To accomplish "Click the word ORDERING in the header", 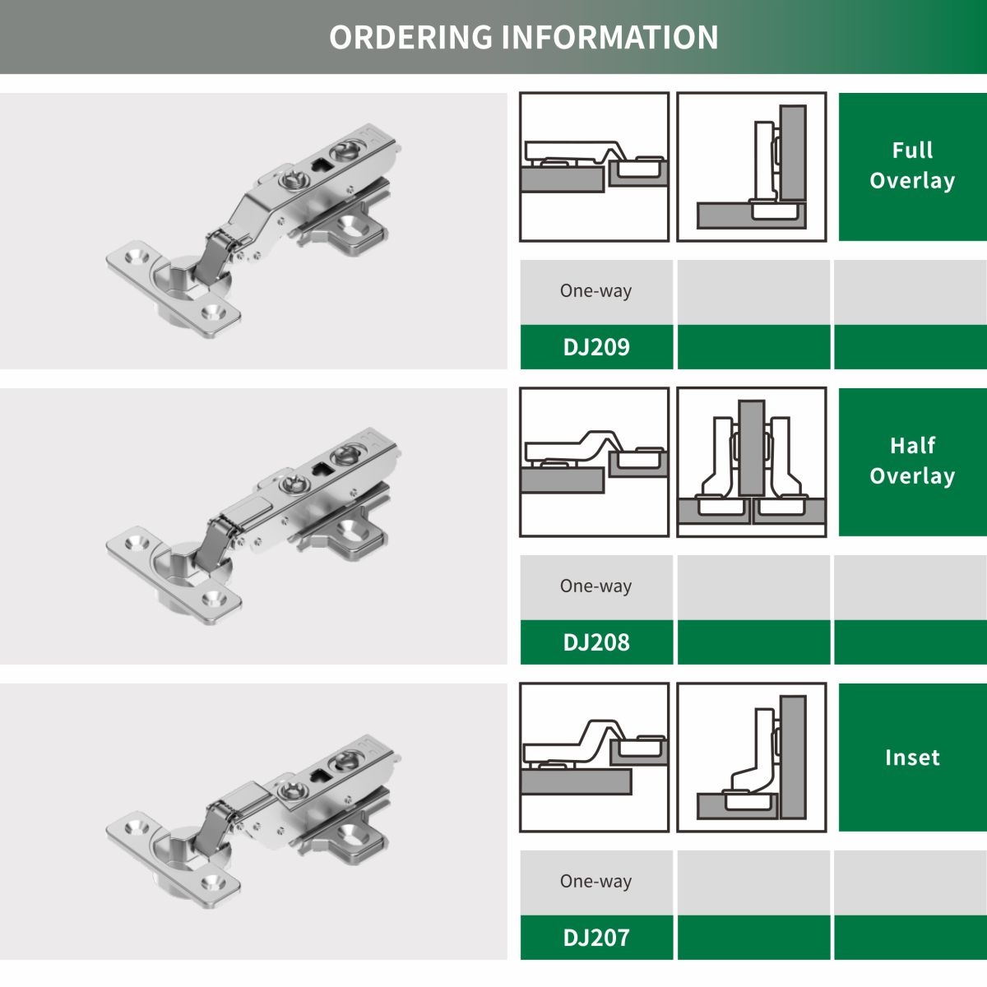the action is pyautogui.click(x=410, y=37).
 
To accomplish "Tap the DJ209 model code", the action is pyautogui.click(x=596, y=347).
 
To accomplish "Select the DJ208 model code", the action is pyautogui.click(x=596, y=642).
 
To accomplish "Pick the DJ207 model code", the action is pyautogui.click(x=596, y=938).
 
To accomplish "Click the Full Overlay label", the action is pyautogui.click(x=912, y=165).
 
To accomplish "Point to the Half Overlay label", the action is pyautogui.click(x=912, y=461).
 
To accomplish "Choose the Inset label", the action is pyautogui.click(x=912, y=758).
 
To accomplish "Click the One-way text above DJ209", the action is pyautogui.click(x=595, y=291).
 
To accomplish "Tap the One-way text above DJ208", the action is pyautogui.click(x=595, y=586).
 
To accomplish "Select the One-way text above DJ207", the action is pyautogui.click(x=595, y=881).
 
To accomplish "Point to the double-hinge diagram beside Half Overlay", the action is pyautogui.click(x=752, y=462).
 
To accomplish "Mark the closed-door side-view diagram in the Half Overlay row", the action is pyautogui.click(x=594, y=462).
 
